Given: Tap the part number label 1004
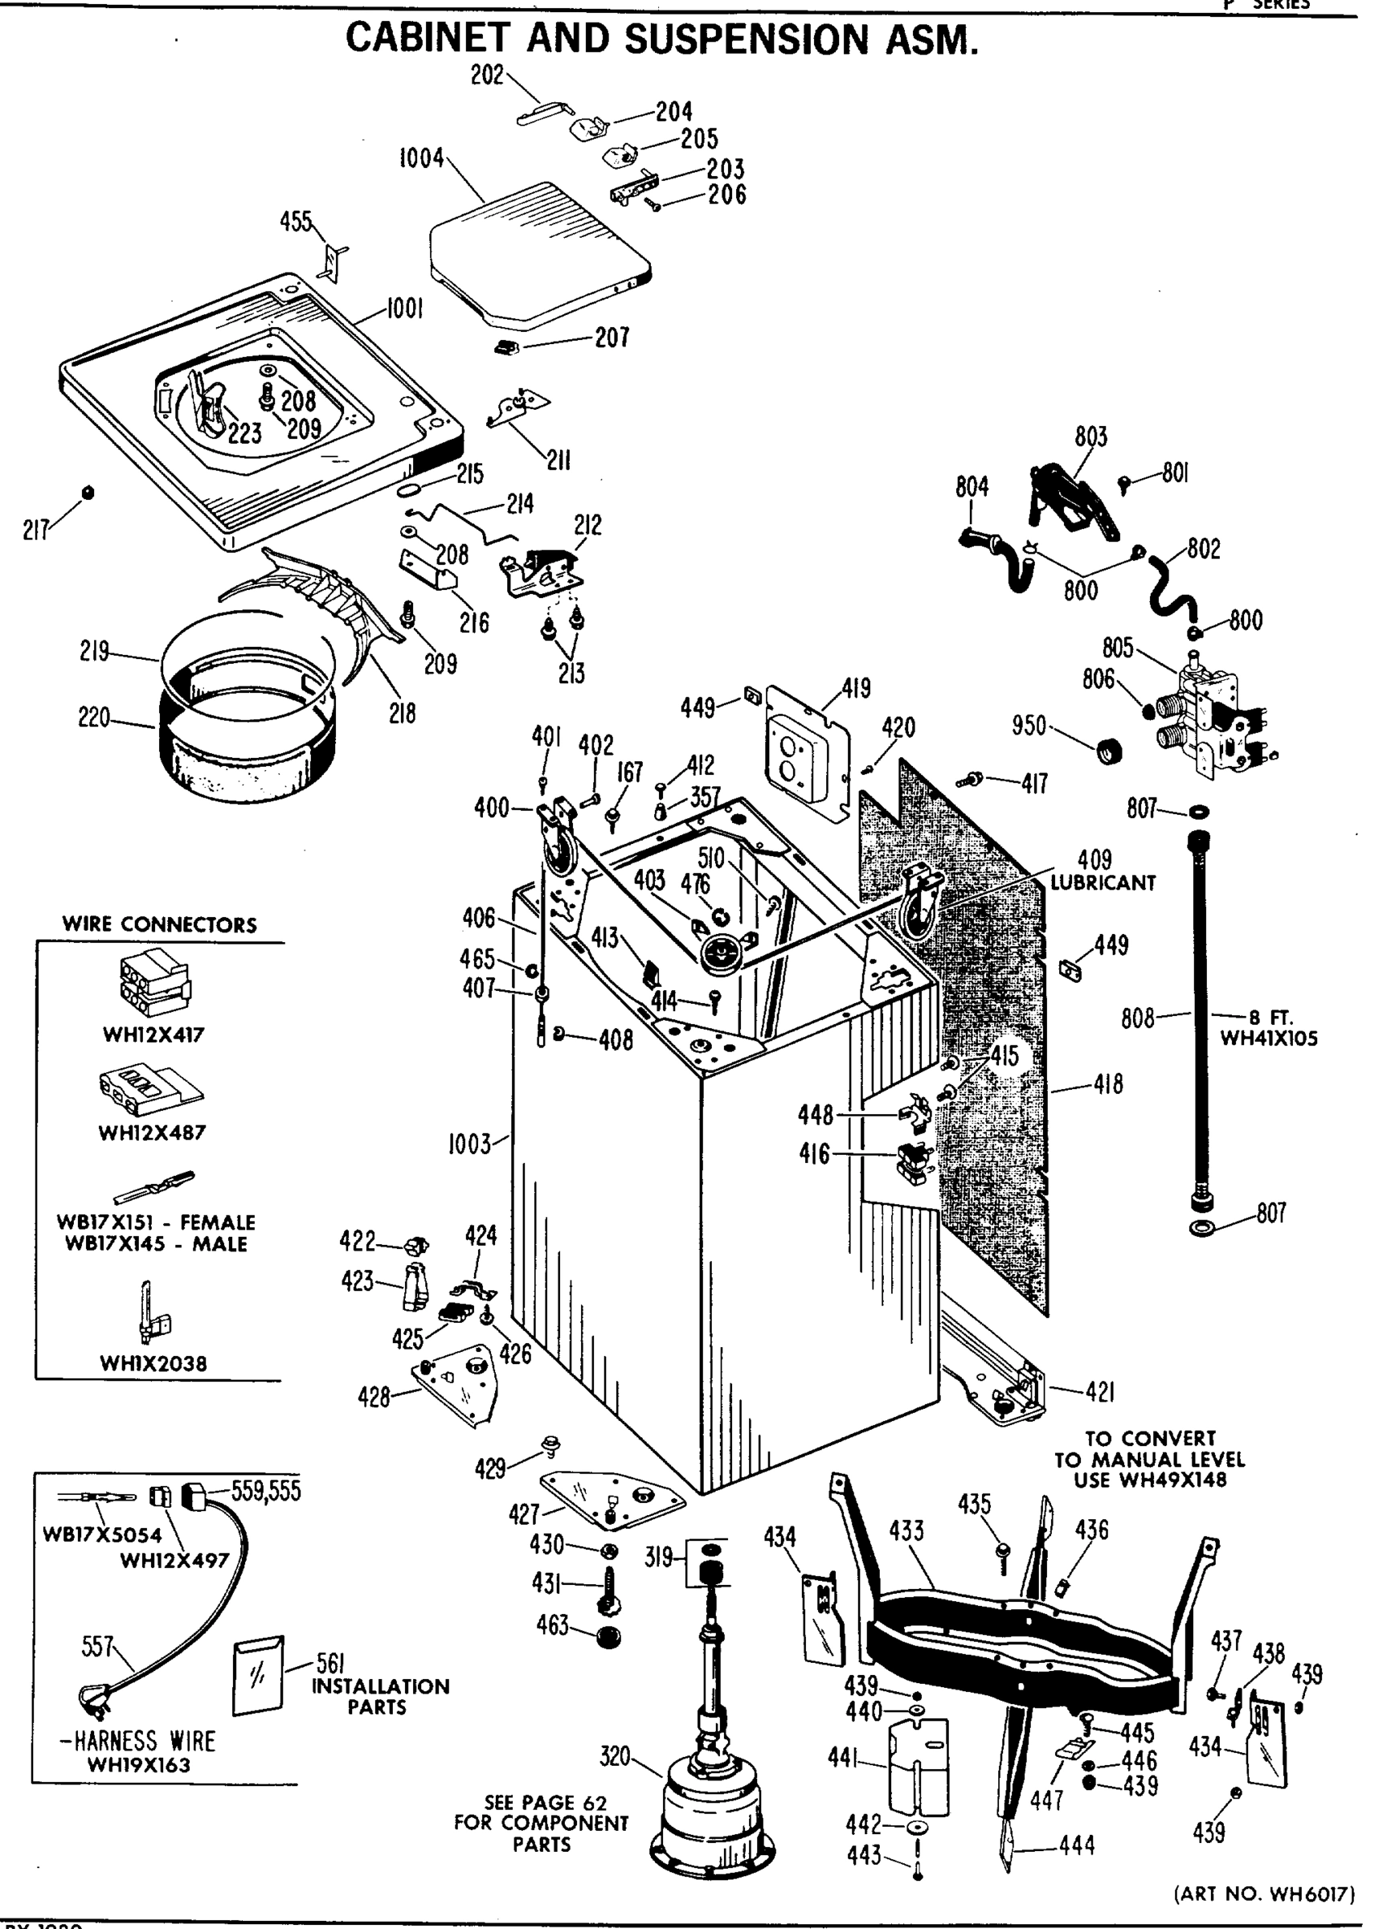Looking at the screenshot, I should pos(421,158).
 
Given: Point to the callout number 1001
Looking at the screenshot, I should pos(405,309).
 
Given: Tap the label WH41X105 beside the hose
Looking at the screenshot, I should pos(1268,1038).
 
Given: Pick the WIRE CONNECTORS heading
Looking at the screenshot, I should pos(159,924).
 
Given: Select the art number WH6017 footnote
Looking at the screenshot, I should pos(1264,1894).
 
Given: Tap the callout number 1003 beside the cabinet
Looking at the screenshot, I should pos(469,1144).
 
